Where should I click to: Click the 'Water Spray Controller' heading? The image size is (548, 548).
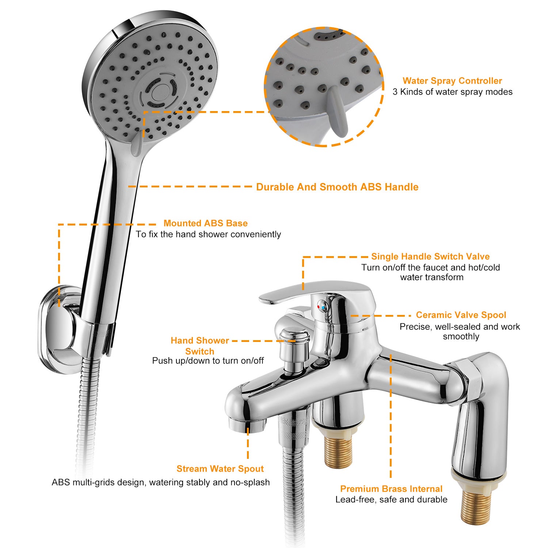(x=452, y=81)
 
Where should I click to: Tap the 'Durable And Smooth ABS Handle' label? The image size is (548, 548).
(x=337, y=187)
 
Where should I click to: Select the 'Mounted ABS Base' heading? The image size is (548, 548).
(x=205, y=223)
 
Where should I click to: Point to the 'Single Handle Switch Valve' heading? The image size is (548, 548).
(x=430, y=256)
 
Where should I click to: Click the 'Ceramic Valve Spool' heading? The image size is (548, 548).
(x=461, y=315)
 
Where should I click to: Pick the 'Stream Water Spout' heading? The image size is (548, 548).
(x=220, y=469)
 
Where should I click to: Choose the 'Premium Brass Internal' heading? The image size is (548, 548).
(x=391, y=489)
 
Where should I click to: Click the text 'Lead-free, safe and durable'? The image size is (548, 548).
(x=391, y=499)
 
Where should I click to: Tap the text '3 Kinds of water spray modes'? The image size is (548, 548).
(x=452, y=92)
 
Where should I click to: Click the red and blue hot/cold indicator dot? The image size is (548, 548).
(x=321, y=306)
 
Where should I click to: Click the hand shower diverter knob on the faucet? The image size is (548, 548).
(x=294, y=345)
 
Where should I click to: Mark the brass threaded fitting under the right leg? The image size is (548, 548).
(x=475, y=508)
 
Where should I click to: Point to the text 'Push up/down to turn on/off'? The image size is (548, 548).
(x=208, y=361)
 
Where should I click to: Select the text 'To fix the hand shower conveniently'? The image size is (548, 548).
(x=208, y=234)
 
